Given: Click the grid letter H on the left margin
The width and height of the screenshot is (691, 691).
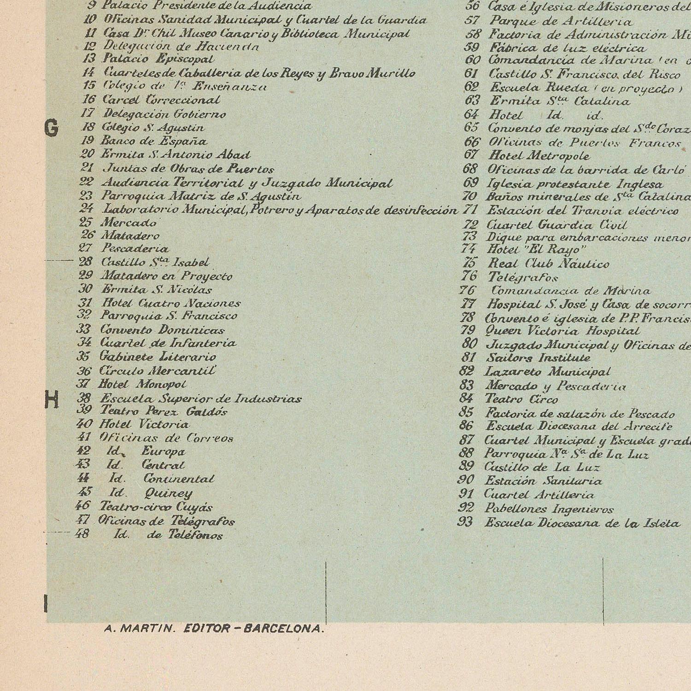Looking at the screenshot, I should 52,399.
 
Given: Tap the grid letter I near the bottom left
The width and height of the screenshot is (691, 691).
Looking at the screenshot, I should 46,603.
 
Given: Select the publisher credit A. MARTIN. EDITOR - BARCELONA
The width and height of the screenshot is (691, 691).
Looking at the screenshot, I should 214,629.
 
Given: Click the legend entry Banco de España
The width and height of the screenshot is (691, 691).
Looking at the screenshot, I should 154,141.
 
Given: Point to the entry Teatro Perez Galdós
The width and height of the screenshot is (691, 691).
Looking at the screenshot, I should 164,411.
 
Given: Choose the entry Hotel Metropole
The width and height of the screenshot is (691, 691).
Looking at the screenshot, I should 539,156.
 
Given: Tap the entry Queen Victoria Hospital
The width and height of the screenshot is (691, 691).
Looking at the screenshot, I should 563,331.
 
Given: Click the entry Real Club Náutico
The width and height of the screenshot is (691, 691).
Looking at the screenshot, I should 548,264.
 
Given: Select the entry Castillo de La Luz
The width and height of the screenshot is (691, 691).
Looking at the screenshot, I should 542,467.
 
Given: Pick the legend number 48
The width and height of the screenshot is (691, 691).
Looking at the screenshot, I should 82,534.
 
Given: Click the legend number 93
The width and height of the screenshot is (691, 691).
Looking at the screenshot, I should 465,522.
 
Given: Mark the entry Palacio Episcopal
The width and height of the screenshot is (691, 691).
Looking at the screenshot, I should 158,59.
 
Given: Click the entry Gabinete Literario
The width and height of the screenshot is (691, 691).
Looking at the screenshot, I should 158,357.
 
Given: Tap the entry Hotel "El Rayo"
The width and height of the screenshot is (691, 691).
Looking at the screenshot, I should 537,250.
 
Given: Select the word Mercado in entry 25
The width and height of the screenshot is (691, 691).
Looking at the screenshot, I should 129,223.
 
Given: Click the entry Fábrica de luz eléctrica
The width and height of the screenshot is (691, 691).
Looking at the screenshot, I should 567,48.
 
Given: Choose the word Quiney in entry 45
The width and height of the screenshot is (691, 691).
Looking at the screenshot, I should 168,493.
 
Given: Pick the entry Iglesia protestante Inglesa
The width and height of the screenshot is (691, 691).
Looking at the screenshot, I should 575,184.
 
